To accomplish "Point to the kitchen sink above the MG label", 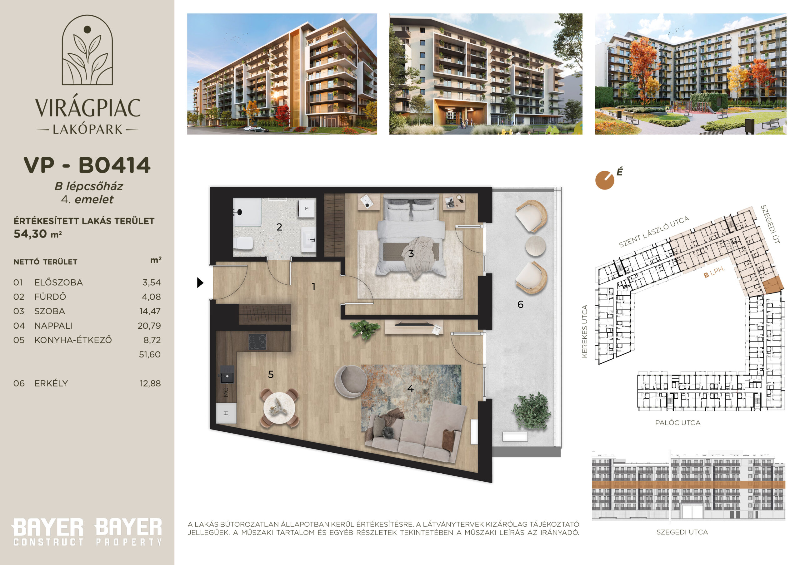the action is (x=227, y=374).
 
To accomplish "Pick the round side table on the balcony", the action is (x=536, y=246).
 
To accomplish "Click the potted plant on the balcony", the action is (x=532, y=411).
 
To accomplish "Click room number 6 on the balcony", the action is (x=520, y=305).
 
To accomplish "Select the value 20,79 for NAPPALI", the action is (x=149, y=326).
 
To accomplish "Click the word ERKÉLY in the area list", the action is (x=51, y=383).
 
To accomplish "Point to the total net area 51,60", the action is (x=150, y=354).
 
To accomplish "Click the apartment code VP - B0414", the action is (x=87, y=165).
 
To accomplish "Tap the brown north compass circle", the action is (x=604, y=180).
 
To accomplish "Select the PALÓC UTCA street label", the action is (x=678, y=423).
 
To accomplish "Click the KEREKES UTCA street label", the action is (x=585, y=331).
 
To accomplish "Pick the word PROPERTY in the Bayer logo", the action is (x=129, y=542).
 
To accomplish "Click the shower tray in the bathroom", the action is (x=247, y=212).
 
